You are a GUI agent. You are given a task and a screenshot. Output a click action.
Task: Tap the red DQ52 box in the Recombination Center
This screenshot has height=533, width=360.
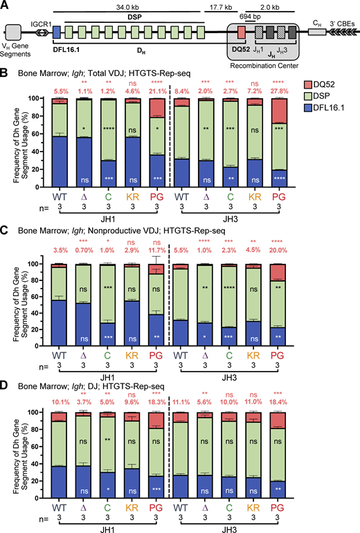[x=240, y=31]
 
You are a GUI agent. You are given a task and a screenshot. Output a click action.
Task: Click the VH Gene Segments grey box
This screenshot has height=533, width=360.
[x=14, y=31]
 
